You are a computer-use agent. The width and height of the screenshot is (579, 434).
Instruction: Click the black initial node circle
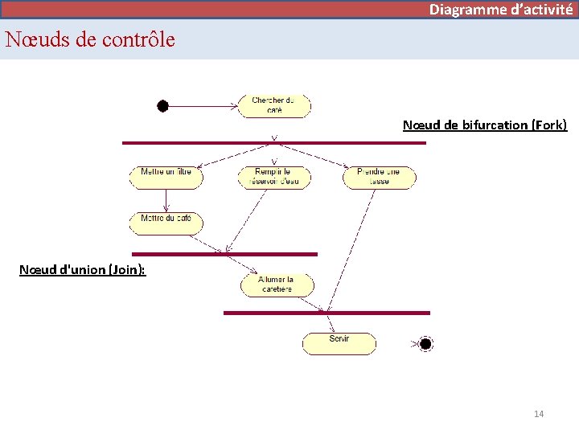tap(162, 105)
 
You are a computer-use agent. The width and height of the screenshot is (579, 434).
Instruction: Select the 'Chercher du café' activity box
tap(274, 105)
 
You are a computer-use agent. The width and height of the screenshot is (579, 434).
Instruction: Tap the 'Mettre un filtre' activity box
tap(166, 177)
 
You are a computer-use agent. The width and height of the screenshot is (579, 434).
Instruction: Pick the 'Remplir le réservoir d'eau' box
tap(273, 177)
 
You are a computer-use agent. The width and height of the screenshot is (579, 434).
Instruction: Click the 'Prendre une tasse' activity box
tap(380, 177)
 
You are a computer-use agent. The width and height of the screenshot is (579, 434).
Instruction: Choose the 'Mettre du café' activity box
tap(166, 223)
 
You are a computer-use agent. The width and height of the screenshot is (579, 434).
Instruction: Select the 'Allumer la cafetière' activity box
tap(277, 284)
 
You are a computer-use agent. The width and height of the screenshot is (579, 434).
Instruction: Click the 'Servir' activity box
tap(339, 343)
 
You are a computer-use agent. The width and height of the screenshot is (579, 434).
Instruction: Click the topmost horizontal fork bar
tap(273, 143)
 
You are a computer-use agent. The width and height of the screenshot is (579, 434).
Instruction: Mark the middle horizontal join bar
tap(224, 254)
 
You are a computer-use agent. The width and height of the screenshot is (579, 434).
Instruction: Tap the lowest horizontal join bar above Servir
tap(326, 313)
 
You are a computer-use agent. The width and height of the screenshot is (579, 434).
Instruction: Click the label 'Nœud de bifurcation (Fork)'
tap(484, 125)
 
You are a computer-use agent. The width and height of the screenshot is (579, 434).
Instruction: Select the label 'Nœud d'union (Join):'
tap(82, 270)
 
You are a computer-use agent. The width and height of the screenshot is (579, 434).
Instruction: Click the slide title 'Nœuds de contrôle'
tap(89, 39)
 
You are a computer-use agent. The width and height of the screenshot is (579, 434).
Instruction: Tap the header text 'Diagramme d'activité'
tap(500, 10)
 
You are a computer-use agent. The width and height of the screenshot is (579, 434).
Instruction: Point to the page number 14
tap(539, 414)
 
